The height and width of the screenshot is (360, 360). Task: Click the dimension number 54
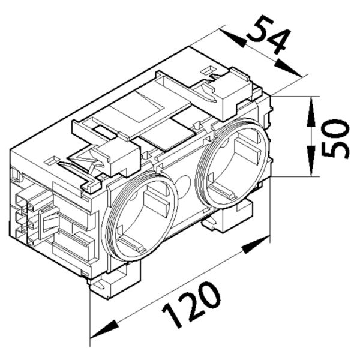268,37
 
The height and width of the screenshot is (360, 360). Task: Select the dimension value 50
334,138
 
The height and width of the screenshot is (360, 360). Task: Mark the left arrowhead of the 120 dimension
103,328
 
